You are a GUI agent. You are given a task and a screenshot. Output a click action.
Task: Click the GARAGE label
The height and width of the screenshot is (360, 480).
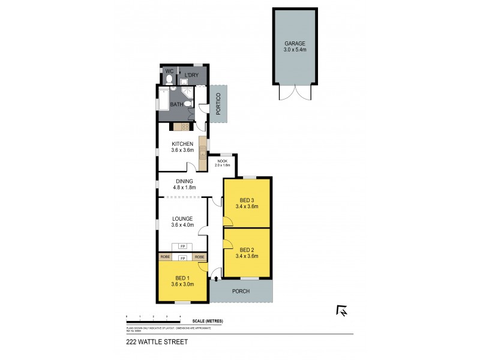point(295,44)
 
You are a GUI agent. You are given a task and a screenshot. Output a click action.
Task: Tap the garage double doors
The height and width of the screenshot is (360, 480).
point(295,92)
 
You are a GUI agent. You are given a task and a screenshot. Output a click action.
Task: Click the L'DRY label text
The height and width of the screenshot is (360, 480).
point(191,75)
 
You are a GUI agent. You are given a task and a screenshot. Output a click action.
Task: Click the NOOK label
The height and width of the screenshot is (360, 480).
point(223,161)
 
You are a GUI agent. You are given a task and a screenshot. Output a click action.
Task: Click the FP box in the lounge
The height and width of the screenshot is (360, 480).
point(182,246)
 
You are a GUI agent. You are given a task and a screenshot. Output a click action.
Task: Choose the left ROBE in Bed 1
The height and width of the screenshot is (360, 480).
point(165,257)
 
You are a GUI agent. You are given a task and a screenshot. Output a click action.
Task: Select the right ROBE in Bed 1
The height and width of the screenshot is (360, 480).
point(200,257)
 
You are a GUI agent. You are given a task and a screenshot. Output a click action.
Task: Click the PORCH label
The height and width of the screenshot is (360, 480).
point(241,292)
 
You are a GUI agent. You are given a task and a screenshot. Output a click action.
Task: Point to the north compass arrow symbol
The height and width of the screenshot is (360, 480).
point(342,310)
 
